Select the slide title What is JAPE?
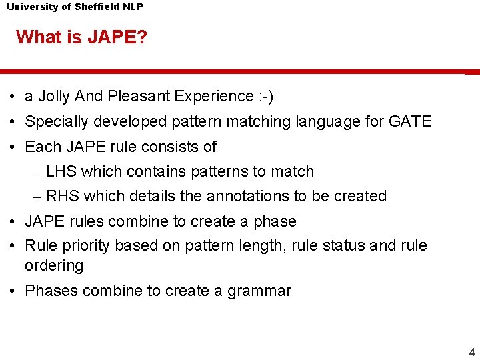click(81, 37)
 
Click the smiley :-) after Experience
click(265, 97)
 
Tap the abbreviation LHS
click(61, 171)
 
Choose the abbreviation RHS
click(62, 196)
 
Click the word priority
click(86, 246)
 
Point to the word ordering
click(54, 266)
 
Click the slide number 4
click(471, 353)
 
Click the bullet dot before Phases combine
click(13, 291)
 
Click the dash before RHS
click(38, 196)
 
